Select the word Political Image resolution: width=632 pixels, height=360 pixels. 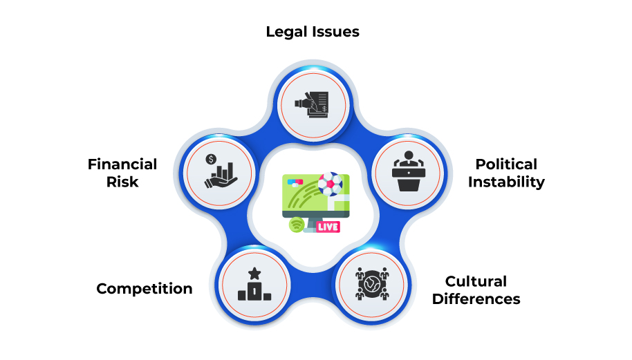point(506,164)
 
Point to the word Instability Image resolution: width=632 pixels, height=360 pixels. point(506,182)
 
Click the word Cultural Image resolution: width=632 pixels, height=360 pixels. point(476,281)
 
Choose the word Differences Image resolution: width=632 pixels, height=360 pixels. point(476,299)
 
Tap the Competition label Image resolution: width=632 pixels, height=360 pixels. point(145,289)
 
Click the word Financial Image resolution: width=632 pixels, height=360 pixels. point(122,164)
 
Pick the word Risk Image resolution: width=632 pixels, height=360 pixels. point(122,182)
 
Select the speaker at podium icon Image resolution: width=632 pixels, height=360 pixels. point(408,171)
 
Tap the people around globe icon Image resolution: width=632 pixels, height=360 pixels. point(372,284)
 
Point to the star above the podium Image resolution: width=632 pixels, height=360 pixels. point(254,274)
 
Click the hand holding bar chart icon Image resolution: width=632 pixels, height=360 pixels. point(221,171)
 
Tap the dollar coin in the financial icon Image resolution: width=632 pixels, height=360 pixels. point(211,160)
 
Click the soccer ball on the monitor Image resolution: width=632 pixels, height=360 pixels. point(330,184)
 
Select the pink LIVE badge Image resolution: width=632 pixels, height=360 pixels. point(328,227)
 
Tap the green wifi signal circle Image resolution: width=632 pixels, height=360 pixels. point(297,225)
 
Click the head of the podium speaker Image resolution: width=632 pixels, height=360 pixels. point(408,155)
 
